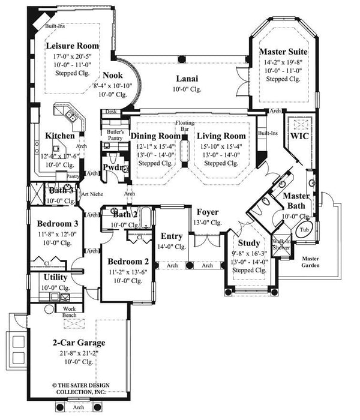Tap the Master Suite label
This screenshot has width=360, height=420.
click(x=284, y=52)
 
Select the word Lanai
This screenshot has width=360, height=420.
click(x=188, y=79)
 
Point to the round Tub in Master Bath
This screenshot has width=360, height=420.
click(x=305, y=230)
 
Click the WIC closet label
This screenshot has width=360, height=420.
click(x=299, y=136)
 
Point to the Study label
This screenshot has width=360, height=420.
click(x=249, y=243)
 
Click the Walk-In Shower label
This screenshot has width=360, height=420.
click(x=280, y=245)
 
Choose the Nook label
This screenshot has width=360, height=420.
click(x=112, y=76)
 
